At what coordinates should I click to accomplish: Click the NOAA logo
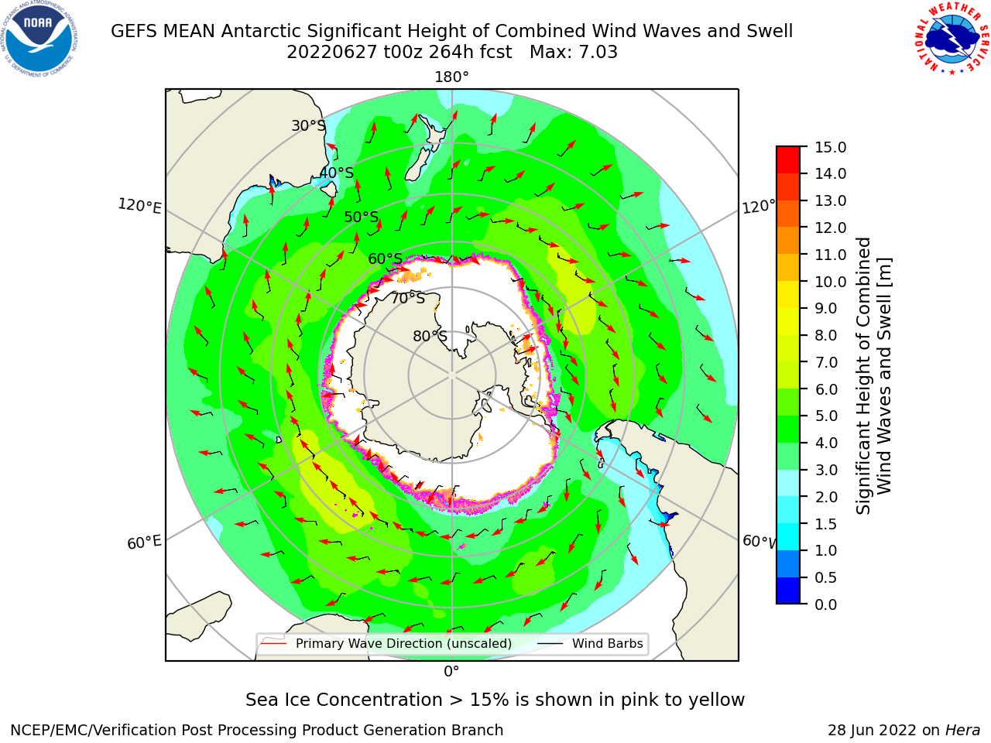tap(39, 39)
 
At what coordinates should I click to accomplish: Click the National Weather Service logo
tap(951, 38)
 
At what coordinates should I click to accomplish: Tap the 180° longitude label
tap(451, 77)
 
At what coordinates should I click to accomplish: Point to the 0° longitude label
tap(451, 672)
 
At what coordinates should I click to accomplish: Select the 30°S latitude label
tap(309, 125)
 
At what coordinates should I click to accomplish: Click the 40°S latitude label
tap(337, 173)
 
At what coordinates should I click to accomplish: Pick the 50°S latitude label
tap(362, 217)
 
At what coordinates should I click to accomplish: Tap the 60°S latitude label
tap(385, 259)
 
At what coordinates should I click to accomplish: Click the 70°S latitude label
tap(408, 298)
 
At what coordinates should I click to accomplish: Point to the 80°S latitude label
tap(430, 336)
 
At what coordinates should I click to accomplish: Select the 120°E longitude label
tap(139, 206)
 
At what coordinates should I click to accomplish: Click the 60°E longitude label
tap(144, 542)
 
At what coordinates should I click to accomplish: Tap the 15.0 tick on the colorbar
tap(830, 147)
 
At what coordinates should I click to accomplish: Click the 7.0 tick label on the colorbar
tap(826, 362)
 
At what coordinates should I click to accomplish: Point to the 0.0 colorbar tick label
tap(826, 604)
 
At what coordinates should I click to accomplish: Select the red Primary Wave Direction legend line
tap(274, 643)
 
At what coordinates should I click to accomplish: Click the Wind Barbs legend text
tap(607, 643)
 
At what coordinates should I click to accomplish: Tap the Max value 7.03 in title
tap(598, 52)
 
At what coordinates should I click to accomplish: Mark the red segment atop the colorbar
tap(788, 159)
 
